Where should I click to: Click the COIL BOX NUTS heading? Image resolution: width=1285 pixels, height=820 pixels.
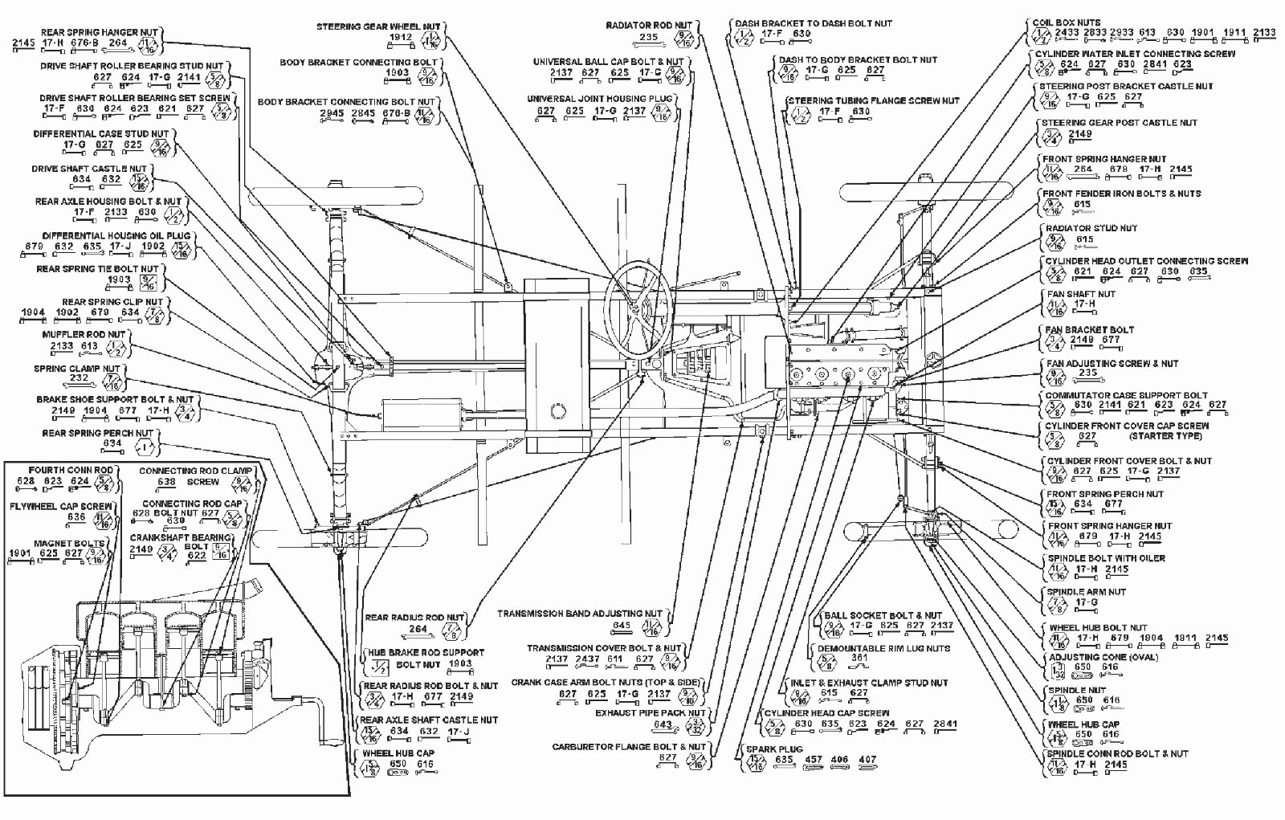click(1067, 22)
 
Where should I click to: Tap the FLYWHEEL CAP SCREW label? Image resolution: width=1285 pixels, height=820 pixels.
click(61, 507)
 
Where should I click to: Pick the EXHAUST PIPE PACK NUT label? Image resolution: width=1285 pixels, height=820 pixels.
click(651, 713)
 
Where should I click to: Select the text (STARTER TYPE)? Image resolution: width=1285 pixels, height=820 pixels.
click(1165, 436)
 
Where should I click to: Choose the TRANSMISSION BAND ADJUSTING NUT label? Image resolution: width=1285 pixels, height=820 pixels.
click(580, 614)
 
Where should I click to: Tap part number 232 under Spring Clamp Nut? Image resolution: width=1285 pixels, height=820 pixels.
click(79, 378)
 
